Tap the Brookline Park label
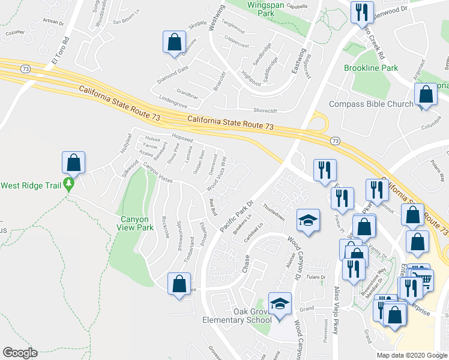point(371,68)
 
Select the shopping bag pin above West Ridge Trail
point(73,163)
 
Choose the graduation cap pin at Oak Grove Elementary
point(279,304)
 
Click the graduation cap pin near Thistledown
point(307,222)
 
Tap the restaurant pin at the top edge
point(361,12)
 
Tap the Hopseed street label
point(182,139)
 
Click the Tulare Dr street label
point(315,277)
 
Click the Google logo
point(20,353)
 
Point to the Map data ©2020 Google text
point(411,355)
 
